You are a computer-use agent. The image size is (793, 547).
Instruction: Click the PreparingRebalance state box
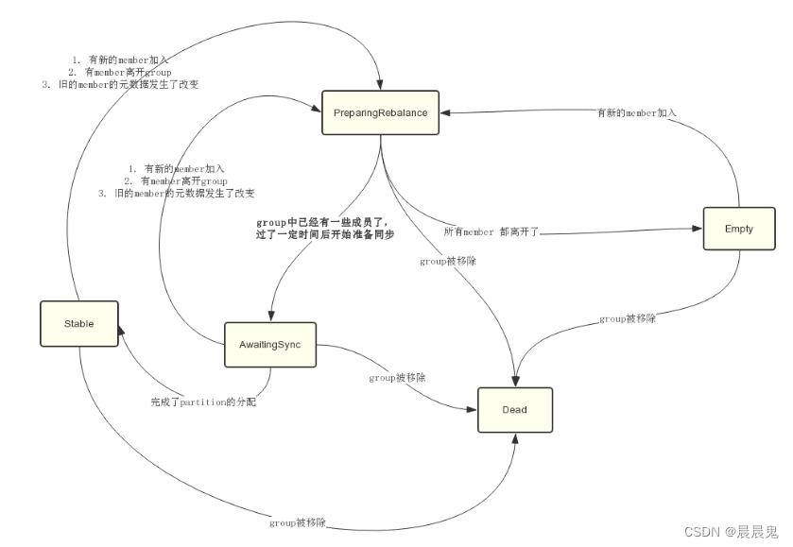(x=380, y=112)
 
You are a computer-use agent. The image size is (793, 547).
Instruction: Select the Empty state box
(x=738, y=230)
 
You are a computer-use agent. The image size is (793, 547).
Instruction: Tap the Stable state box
(x=79, y=323)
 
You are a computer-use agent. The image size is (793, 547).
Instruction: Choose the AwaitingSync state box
(x=269, y=344)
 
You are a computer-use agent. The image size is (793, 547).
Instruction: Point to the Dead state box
(x=513, y=410)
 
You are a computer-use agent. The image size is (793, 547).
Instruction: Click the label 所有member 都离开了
(x=491, y=231)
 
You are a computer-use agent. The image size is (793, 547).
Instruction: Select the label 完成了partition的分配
(x=203, y=402)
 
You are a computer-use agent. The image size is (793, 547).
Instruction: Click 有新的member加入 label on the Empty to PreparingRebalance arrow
(x=636, y=112)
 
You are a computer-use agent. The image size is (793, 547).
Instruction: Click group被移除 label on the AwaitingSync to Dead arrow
(x=397, y=377)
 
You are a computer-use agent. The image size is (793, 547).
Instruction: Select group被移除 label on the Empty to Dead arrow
(x=628, y=319)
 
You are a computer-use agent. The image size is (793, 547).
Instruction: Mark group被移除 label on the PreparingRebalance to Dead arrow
(x=448, y=261)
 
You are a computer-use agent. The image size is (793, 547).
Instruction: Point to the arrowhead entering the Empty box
(x=698, y=228)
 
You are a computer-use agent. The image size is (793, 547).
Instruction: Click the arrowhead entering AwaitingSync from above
(x=272, y=316)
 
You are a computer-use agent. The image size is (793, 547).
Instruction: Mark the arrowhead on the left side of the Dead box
(x=473, y=409)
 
